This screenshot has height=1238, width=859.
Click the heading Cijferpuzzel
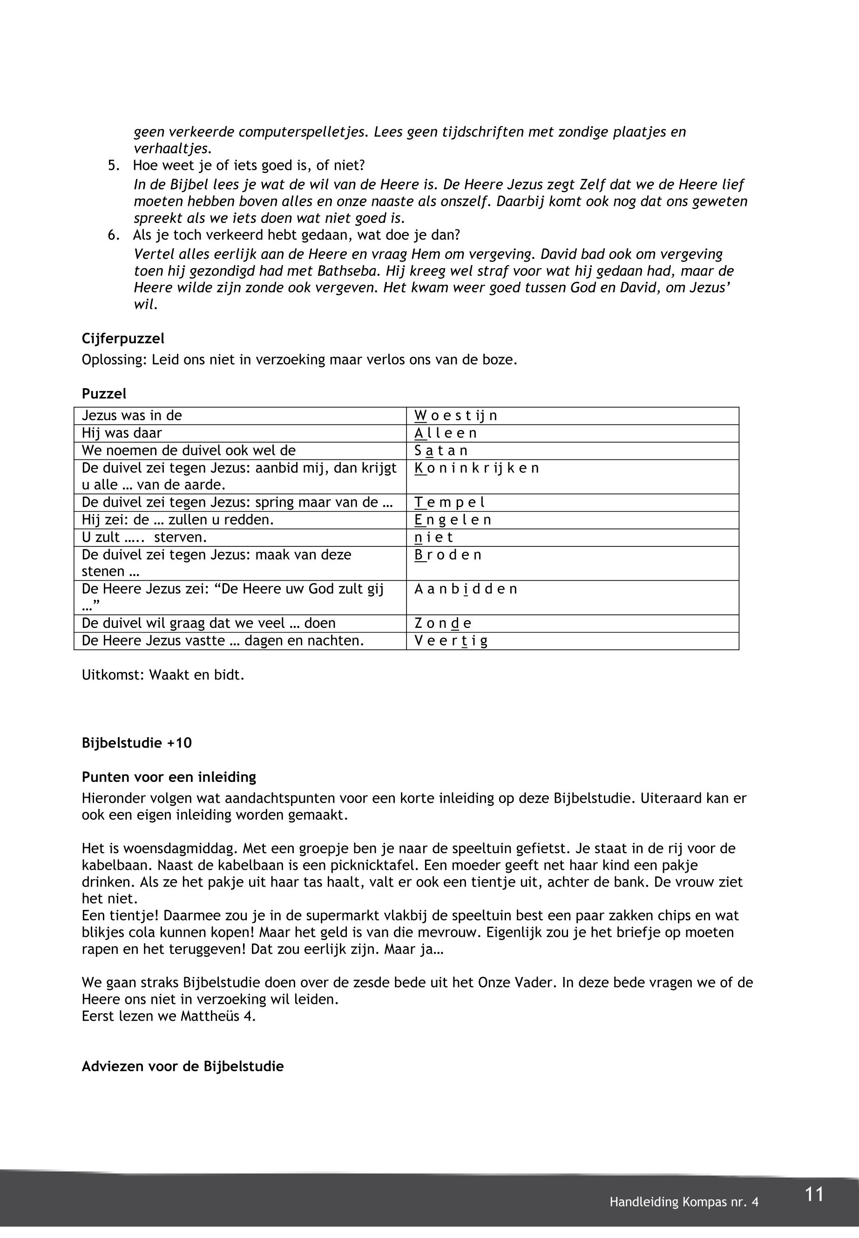click(123, 339)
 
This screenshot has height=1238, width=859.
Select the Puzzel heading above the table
click(104, 394)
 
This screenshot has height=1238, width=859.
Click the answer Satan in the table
click(441, 451)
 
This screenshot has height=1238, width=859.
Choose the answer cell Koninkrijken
click(476, 468)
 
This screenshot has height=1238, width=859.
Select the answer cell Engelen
click(453, 520)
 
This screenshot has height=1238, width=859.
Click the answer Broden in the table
click(448, 555)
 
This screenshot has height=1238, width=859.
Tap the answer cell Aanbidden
click(466, 589)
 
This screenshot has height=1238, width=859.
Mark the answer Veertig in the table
click(451, 641)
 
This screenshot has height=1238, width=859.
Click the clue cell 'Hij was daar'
click(122, 434)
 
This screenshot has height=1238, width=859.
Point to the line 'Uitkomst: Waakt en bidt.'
click(163, 675)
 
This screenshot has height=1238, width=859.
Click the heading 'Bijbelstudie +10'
click(137, 743)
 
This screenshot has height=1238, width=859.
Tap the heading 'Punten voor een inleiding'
click(169, 777)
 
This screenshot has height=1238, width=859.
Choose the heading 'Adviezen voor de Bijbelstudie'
click(183, 1066)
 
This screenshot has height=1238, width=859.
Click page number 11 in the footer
click(814, 1194)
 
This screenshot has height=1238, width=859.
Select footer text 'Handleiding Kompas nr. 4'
click(683, 1202)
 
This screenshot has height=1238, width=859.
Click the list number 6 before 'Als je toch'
click(113, 235)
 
